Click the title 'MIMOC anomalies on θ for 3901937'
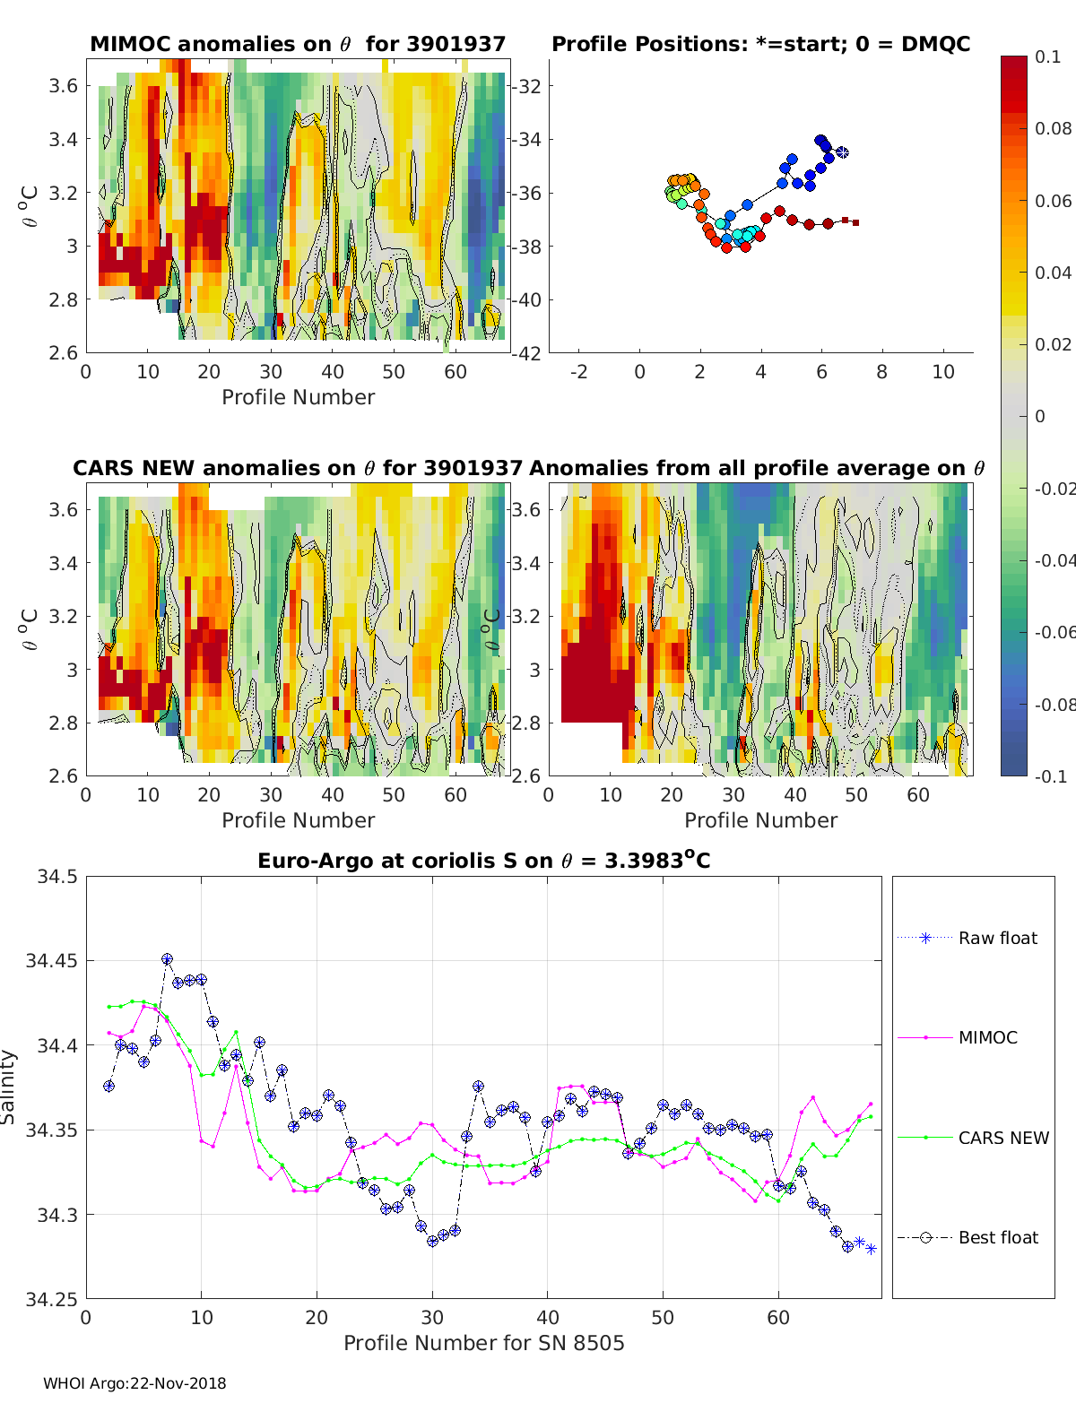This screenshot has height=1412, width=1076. [298, 44]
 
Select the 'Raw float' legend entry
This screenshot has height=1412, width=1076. [997, 938]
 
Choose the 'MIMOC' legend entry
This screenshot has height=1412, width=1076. [987, 1037]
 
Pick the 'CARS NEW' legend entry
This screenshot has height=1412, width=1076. [1002, 1138]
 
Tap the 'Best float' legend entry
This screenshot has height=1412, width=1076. [998, 1237]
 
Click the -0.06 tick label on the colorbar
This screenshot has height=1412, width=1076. [1054, 632]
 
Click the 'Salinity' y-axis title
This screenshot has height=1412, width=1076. [9, 1087]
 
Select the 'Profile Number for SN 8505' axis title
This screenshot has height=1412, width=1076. [483, 1342]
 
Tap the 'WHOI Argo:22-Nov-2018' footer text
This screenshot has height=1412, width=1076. [134, 1383]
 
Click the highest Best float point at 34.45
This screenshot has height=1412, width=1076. [167, 959]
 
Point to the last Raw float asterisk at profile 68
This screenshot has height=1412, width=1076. [871, 1249]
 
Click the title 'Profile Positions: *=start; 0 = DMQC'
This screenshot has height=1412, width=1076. [760, 44]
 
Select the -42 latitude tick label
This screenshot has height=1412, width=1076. [526, 353]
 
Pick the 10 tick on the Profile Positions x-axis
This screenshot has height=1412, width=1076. [943, 372]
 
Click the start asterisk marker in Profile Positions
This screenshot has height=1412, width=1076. [842, 153]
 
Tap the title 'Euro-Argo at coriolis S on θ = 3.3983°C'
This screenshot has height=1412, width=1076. [483, 861]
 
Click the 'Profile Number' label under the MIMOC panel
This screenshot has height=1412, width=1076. [298, 397]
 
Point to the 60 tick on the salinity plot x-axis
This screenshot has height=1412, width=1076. [778, 1317]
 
